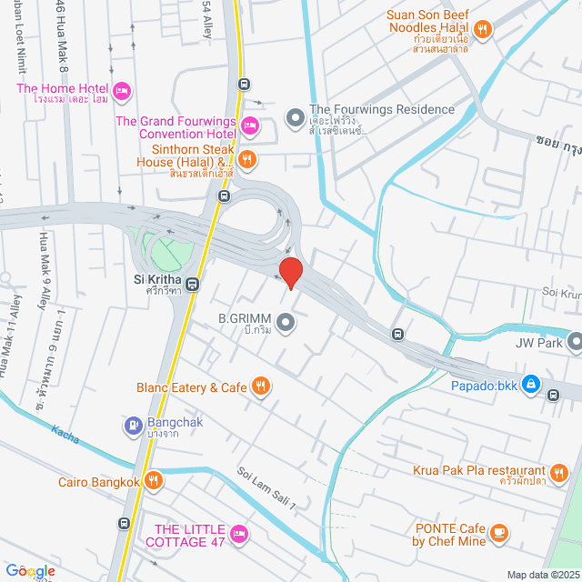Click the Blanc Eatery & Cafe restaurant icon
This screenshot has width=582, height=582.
261,386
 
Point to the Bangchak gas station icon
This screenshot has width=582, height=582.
133,425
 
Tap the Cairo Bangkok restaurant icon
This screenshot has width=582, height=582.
154,481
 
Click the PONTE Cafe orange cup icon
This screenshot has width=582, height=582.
497,532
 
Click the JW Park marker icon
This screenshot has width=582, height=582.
575,343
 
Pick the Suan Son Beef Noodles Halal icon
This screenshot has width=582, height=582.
484,29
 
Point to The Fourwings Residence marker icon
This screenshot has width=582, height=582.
295,117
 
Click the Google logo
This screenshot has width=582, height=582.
29,571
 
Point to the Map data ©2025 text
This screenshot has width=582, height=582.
543,575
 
